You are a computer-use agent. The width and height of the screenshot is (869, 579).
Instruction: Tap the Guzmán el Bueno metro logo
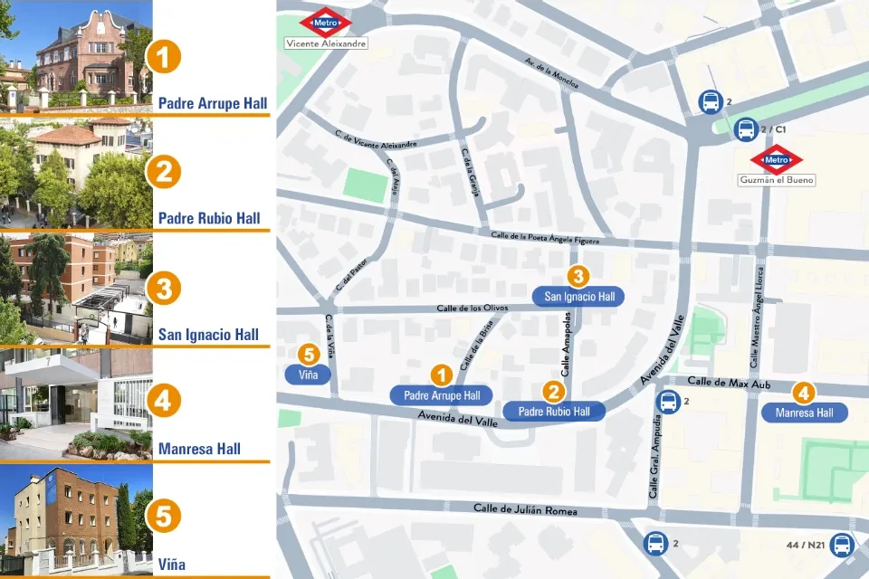tap(777, 160)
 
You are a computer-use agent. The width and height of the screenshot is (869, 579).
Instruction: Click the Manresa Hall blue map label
tap(805, 413)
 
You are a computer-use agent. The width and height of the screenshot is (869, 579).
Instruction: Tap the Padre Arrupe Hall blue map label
tap(441, 395)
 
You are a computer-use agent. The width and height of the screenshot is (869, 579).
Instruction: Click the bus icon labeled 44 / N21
tap(842, 545)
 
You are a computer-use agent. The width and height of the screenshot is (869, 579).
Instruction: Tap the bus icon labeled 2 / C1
tap(746, 130)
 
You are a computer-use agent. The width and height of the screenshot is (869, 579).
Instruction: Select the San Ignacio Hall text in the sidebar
tap(208, 335)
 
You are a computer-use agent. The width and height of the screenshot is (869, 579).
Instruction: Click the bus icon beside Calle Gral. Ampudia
tap(669, 403)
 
